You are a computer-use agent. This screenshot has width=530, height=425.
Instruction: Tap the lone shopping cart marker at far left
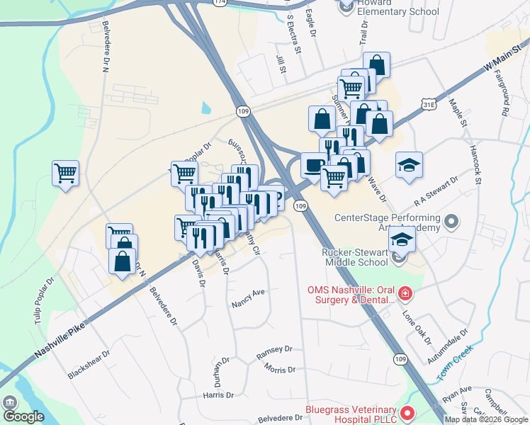pyautogui.click(x=65, y=173)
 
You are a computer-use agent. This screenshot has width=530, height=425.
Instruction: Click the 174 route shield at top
pyautogui.click(x=220, y=3)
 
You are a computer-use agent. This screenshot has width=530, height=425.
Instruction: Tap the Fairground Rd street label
pyautogui.click(x=502, y=92)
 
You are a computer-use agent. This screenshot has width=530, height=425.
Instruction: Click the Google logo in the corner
pyautogui.click(x=23, y=416)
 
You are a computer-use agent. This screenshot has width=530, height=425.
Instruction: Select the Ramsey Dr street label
pyautogui.click(x=274, y=350)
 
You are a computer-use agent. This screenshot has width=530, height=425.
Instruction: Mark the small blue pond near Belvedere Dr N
pyautogui.click(x=206, y=108)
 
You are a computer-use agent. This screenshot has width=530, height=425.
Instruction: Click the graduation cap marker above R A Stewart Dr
pyautogui.click(x=408, y=166)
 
